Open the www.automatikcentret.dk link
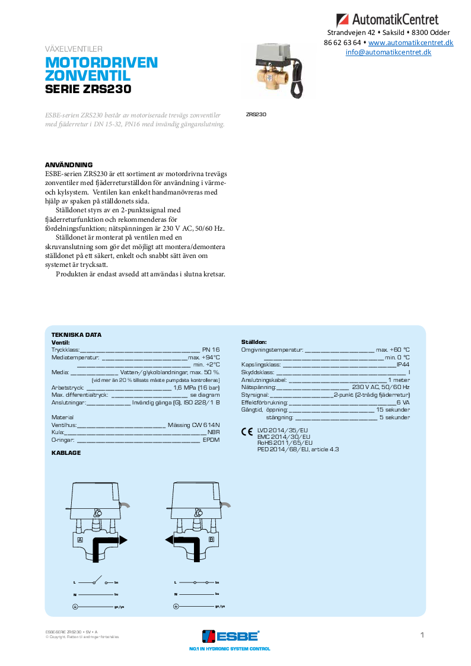point(410,43)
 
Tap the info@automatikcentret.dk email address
point(389,52)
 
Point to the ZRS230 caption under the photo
point(256,114)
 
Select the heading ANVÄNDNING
point(69,164)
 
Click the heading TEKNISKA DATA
point(77,334)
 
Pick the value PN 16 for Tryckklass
point(211,350)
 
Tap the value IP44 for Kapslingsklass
point(403,365)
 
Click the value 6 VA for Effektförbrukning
point(403,402)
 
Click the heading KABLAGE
point(66,453)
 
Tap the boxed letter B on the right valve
point(211,540)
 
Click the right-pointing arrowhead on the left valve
point(123,540)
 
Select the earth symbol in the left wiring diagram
point(75,606)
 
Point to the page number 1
point(422,635)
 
